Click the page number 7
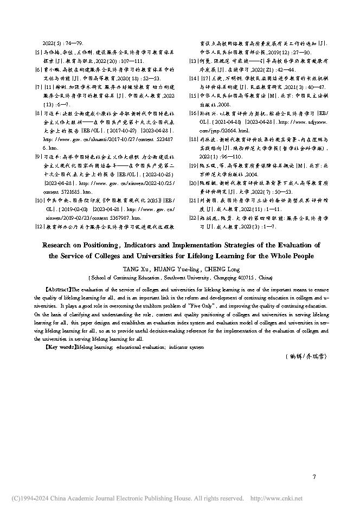[314, 477]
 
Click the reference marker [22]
[192, 218]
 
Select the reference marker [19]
[192, 165]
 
